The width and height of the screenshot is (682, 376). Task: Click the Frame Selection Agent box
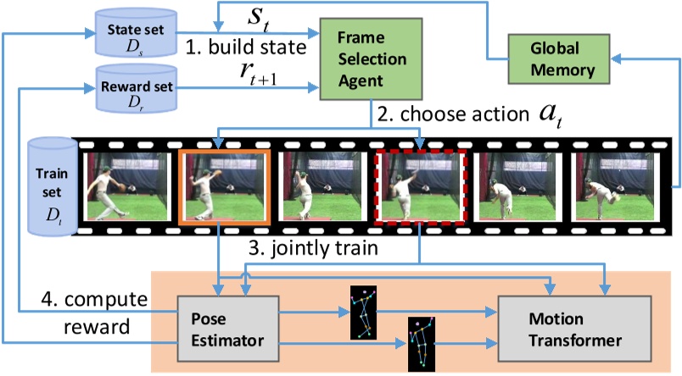coord(371,59)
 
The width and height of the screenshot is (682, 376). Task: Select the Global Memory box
coord(559,59)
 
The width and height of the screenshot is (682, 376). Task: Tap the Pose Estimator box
coord(228,329)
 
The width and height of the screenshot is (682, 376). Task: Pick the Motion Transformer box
coord(574,329)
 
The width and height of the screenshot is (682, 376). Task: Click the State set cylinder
coord(136,33)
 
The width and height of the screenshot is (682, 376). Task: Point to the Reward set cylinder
coord(136,89)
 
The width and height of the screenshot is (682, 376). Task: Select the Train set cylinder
coord(52,186)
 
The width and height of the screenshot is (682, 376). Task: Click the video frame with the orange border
coord(225,186)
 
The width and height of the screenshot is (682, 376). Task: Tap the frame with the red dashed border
coord(421,186)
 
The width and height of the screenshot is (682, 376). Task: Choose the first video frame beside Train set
coord(127,186)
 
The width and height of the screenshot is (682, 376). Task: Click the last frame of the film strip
coord(615,186)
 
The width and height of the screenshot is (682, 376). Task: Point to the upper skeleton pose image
coord(363,312)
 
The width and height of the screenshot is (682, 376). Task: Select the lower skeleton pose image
coord(421,345)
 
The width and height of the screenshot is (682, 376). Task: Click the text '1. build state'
coord(246,47)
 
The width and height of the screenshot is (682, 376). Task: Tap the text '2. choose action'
coord(453,114)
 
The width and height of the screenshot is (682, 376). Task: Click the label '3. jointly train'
coord(313,248)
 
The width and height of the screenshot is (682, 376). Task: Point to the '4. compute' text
coord(94,300)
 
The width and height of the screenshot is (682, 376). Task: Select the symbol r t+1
coord(259,73)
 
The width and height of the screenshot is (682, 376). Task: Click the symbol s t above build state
coord(259,20)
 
